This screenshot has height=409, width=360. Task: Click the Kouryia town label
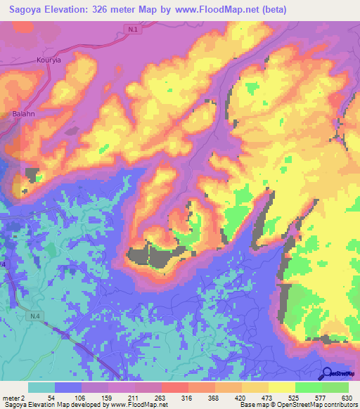click(50, 61)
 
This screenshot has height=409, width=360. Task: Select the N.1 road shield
click(134, 29)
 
